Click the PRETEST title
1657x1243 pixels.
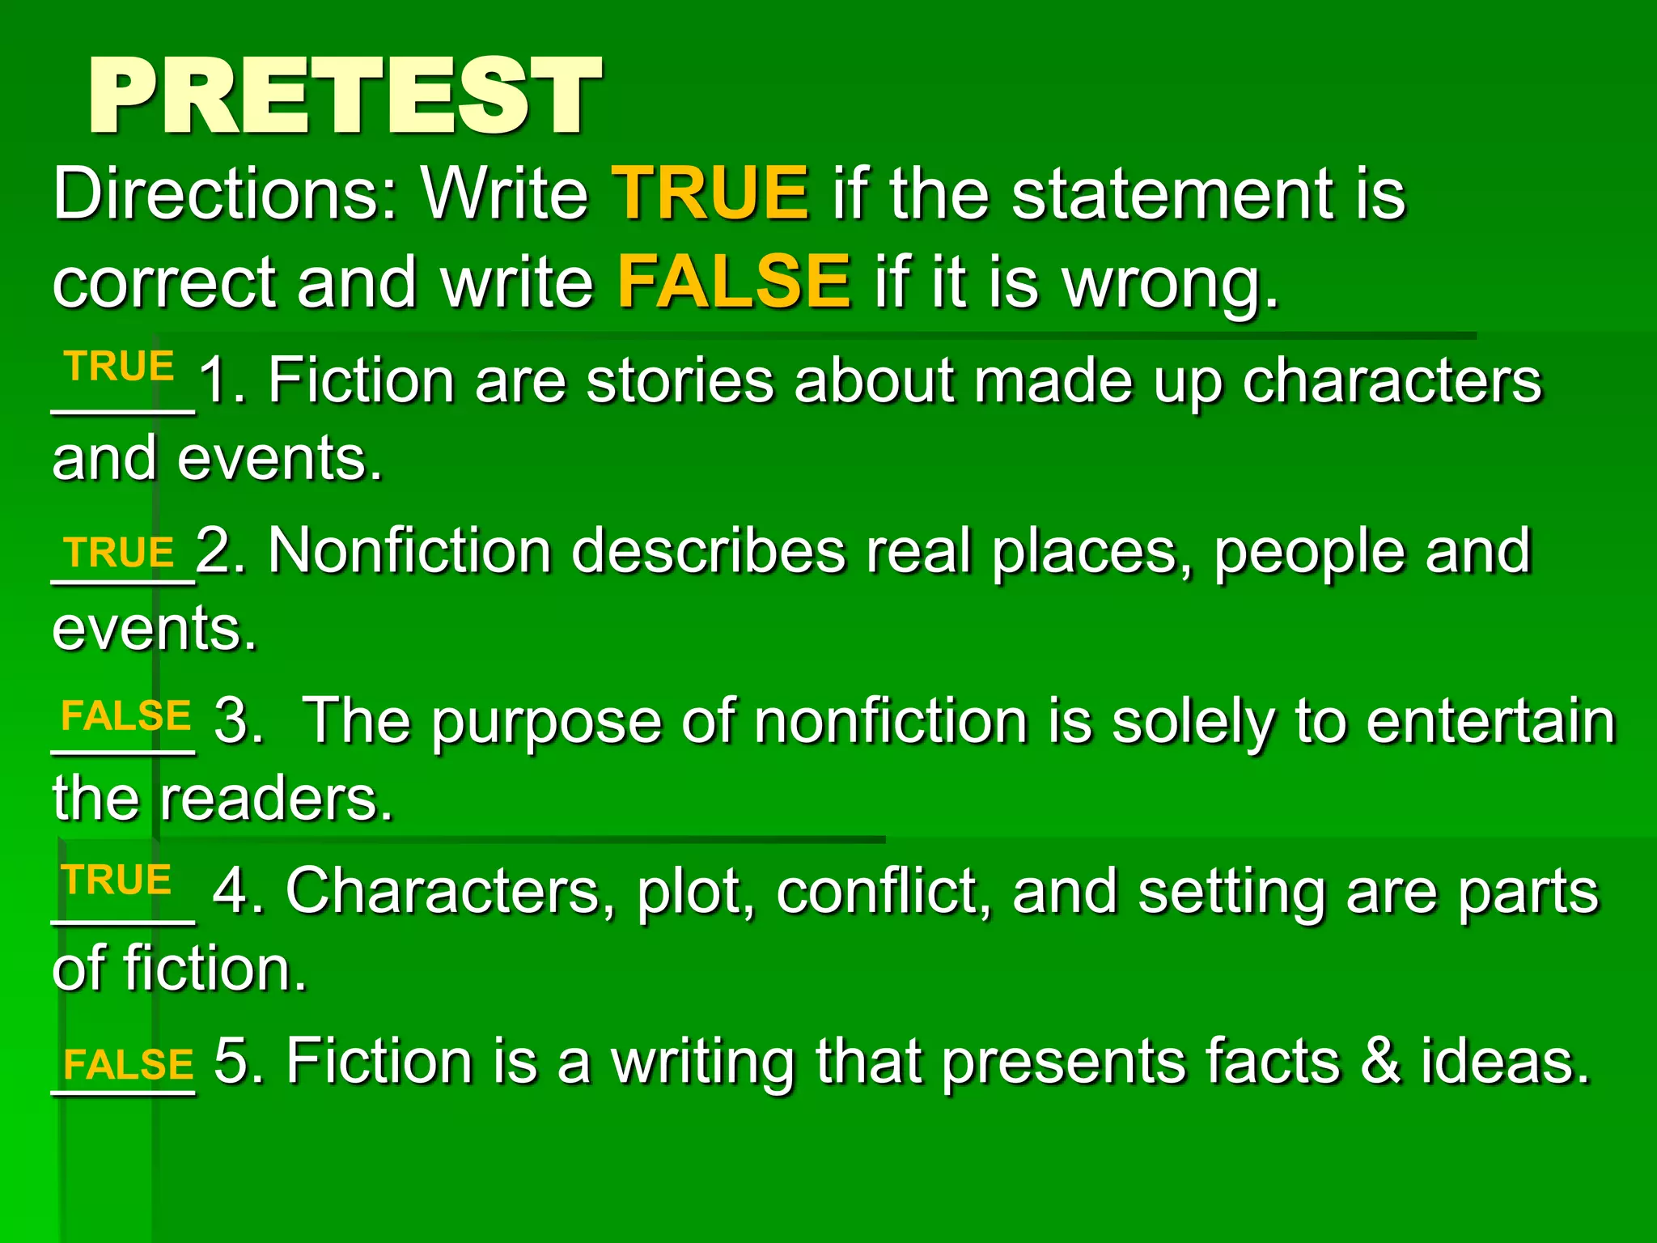(x=345, y=96)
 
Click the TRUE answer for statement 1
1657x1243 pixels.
(x=121, y=367)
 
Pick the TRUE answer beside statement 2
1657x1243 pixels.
(x=121, y=554)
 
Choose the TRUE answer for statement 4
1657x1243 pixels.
(x=118, y=880)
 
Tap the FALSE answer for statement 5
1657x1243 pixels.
(x=128, y=1065)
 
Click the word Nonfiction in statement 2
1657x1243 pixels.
(x=409, y=552)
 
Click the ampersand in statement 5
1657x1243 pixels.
(x=1379, y=1061)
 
